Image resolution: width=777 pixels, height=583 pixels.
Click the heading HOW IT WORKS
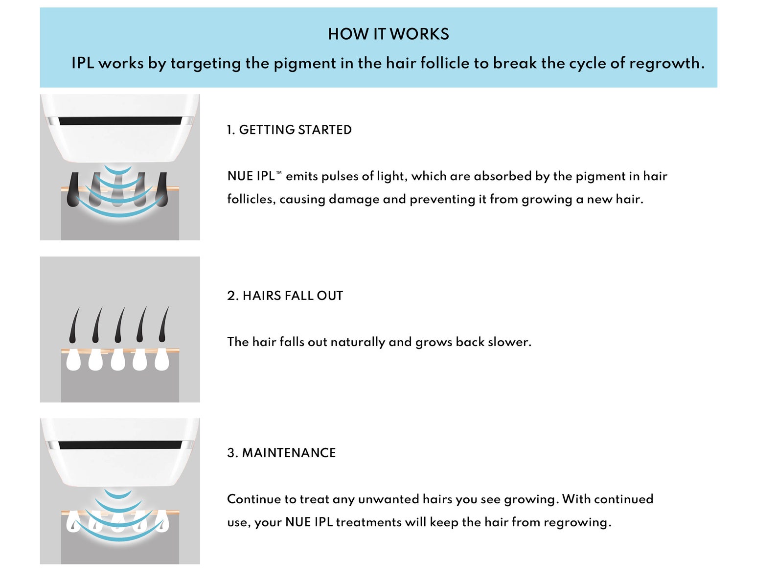pos(388,34)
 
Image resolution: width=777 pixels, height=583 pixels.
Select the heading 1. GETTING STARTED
pos(289,130)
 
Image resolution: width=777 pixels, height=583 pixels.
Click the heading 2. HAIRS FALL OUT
pos(285,296)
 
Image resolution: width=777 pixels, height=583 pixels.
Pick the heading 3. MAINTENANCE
pos(281,453)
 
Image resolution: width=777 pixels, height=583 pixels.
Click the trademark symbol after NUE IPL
pos(279,173)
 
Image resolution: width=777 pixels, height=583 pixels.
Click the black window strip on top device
pos(120,121)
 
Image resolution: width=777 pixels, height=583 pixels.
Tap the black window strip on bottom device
pos(120,445)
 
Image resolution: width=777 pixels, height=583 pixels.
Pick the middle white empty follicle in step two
pos(118,361)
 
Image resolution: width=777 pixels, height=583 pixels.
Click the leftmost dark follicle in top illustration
pos(73,190)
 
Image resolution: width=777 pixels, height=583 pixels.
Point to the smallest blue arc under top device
pos(118,169)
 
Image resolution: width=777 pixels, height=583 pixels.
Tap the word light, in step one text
pos(391,176)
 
